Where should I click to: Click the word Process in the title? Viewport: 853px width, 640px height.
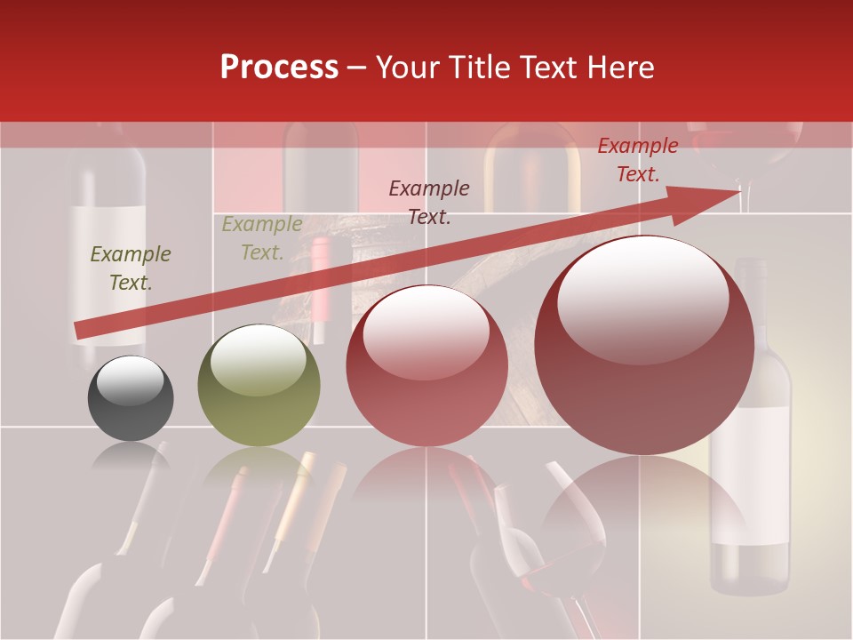click(x=279, y=68)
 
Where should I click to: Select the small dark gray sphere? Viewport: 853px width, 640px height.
click(x=131, y=398)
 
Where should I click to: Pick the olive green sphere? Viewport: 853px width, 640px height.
click(x=259, y=386)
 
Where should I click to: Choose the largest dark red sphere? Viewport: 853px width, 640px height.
click(x=644, y=345)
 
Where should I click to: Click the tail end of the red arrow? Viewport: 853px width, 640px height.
click(x=80, y=331)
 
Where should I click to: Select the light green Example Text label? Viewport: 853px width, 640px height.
click(x=261, y=238)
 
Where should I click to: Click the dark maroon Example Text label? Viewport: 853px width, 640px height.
click(x=429, y=202)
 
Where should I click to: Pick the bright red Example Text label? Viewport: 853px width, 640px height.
click(x=637, y=160)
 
